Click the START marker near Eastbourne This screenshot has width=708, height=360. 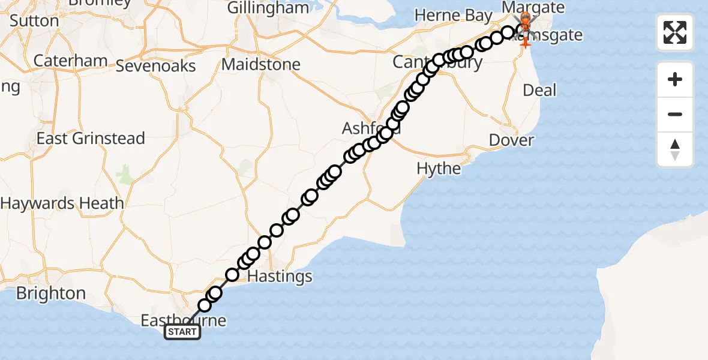182,332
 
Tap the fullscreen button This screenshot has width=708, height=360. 675,32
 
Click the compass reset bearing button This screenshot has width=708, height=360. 675,149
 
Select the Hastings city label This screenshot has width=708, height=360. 280,277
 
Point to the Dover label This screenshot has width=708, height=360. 511,140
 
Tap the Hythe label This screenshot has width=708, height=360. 439,169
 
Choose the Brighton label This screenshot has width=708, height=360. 51,293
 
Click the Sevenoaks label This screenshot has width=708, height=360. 155,65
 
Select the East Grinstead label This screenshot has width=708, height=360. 91,139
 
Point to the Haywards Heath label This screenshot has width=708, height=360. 62,203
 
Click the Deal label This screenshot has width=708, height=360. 539,91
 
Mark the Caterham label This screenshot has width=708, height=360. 70,61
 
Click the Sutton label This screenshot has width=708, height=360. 34,21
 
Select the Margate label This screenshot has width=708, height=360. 533,8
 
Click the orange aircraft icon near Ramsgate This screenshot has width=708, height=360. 526,41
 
